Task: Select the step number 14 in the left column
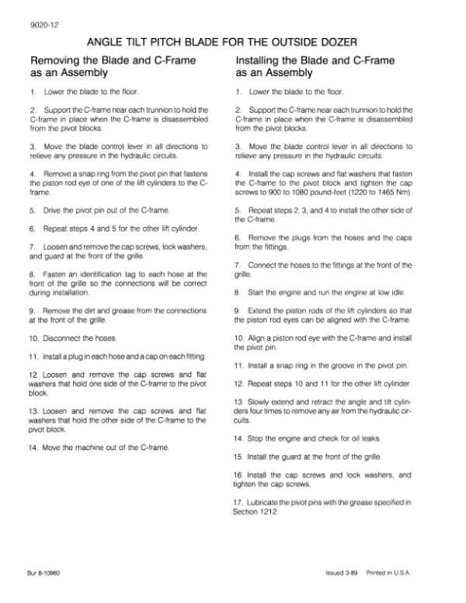[x=33, y=448]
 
